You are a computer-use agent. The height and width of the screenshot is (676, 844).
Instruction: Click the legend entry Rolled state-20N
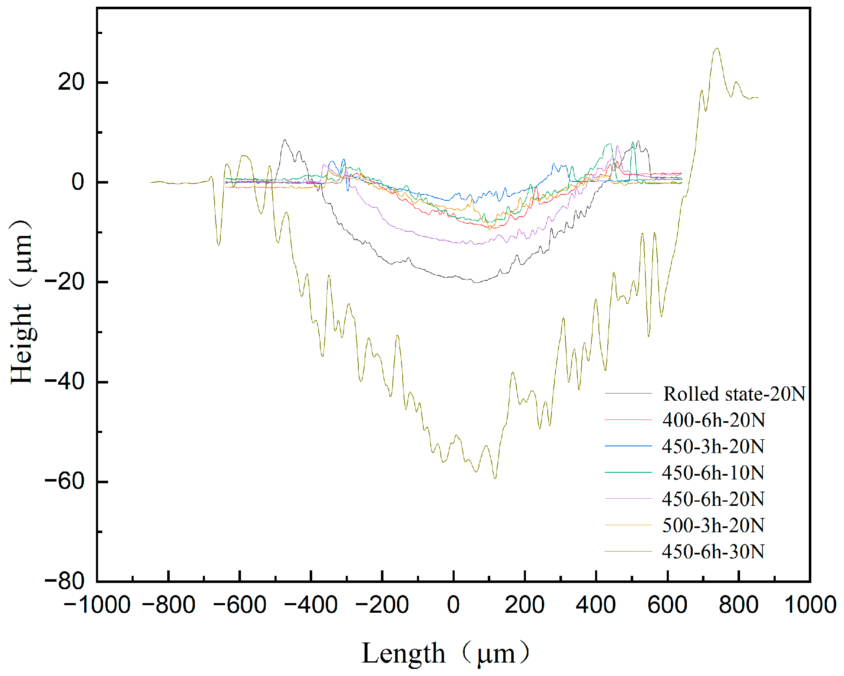point(734,394)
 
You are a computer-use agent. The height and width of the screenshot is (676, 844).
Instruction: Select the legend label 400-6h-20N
point(713,420)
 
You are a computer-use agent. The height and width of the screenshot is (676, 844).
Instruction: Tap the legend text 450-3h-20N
point(713,446)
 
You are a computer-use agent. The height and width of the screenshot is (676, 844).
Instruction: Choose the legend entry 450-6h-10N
point(713,473)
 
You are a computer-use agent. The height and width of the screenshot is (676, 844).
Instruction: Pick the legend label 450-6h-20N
point(713,499)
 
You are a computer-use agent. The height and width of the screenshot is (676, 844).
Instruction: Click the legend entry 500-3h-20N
point(713,526)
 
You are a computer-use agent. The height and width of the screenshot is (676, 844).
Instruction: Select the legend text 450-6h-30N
point(713,552)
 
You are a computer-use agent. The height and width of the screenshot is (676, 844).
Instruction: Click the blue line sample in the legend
point(628,446)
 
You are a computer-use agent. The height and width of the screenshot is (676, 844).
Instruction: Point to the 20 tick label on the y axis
point(71,82)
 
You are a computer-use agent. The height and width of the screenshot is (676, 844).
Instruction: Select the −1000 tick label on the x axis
point(97,605)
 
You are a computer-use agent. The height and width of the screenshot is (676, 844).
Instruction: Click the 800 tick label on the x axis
point(738,605)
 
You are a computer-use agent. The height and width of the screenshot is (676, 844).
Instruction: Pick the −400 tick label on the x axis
point(311,605)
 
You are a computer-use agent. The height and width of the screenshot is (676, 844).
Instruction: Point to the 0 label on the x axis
point(453,605)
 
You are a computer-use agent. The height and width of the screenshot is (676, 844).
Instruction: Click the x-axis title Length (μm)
point(445,653)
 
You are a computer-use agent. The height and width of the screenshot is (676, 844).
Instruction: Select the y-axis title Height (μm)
point(22,302)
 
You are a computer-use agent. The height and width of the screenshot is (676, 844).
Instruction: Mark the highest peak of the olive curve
point(717,48)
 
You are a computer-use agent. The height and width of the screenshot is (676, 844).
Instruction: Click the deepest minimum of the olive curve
point(495,478)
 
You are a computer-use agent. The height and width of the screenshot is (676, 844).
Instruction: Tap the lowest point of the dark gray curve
point(476,282)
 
